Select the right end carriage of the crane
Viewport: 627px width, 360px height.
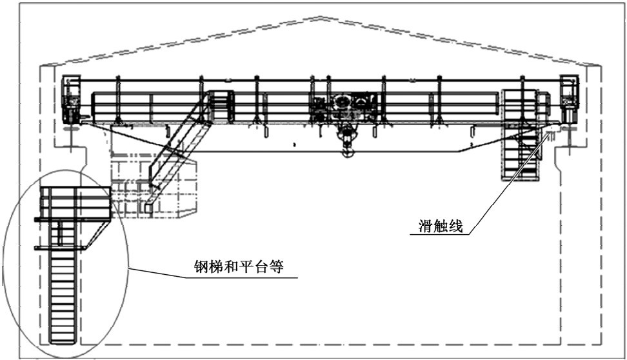tap(569, 100)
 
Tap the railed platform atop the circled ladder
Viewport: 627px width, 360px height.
tap(72, 203)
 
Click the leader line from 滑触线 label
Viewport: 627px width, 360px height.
tap(503, 187)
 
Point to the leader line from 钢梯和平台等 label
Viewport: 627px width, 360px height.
tap(161, 273)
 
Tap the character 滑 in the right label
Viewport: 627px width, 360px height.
tap(421, 226)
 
